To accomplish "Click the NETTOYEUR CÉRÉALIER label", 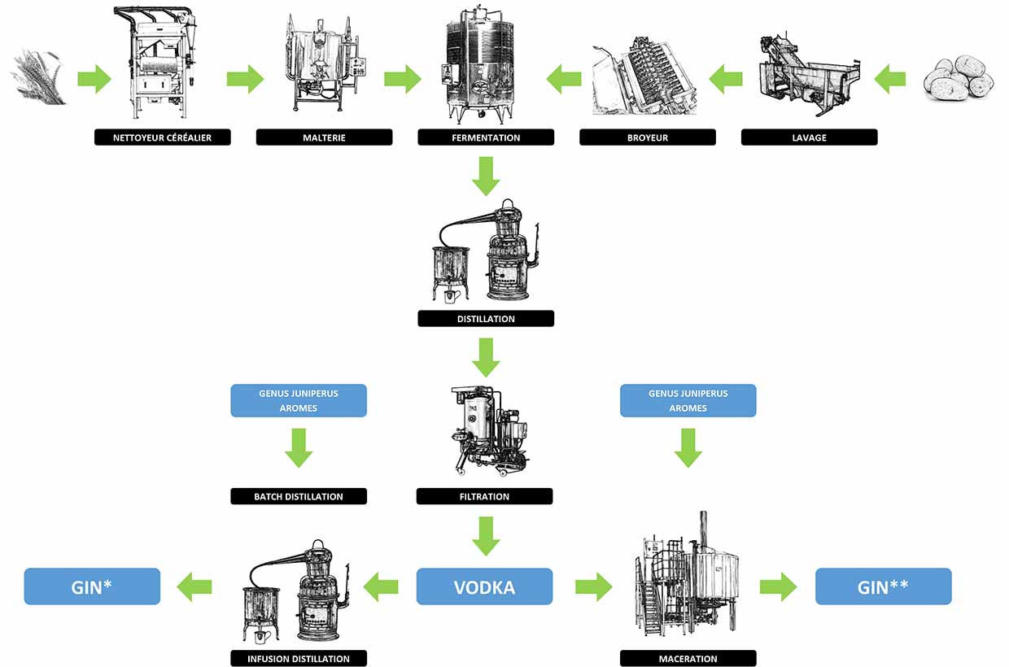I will [x=162, y=137].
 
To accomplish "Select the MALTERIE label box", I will [x=324, y=137].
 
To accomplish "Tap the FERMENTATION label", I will [x=486, y=137].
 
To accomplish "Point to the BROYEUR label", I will [x=648, y=137].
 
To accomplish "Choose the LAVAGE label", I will [x=809, y=137].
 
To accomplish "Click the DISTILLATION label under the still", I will [x=486, y=318].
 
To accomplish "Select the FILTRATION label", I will [x=484, y=496].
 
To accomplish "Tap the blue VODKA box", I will [x=484, y=586].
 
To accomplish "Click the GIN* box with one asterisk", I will [x=92, y=586].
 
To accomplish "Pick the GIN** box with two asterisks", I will [x=883, y=586].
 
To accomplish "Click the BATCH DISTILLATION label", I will [x=299, y=496].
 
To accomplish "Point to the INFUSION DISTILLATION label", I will [x=299, y=658].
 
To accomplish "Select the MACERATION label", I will [x=688, y=658].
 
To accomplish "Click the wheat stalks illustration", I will [x=38, y=77].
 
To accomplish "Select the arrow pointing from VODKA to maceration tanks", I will [x=593, y=586].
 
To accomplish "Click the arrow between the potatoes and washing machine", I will [x=890, y=79].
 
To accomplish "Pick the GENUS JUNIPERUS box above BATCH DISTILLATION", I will [x=299, y=400].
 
